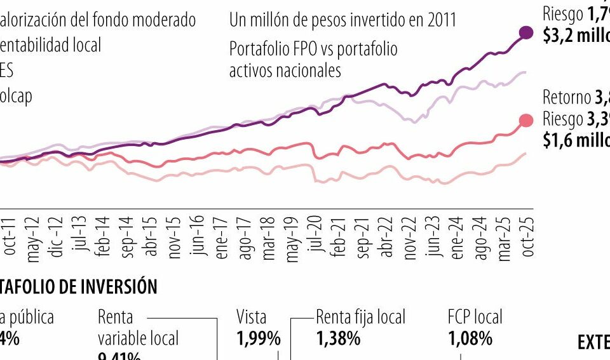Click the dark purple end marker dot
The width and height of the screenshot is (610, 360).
coord(526,33)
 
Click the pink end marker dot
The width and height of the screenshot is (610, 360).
coord(526,121)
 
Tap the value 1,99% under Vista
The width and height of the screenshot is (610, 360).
coord(258,339)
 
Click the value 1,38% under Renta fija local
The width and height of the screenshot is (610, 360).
coord(338,339)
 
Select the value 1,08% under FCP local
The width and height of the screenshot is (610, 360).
coord(470,339)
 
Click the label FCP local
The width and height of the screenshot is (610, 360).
coord(475,316)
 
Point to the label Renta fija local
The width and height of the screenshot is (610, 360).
coord(360,316)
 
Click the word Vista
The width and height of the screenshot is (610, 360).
coord(252,316)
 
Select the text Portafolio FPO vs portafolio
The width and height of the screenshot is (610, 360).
coord(313,48)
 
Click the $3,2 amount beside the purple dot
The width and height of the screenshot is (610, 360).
coord(557,36)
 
